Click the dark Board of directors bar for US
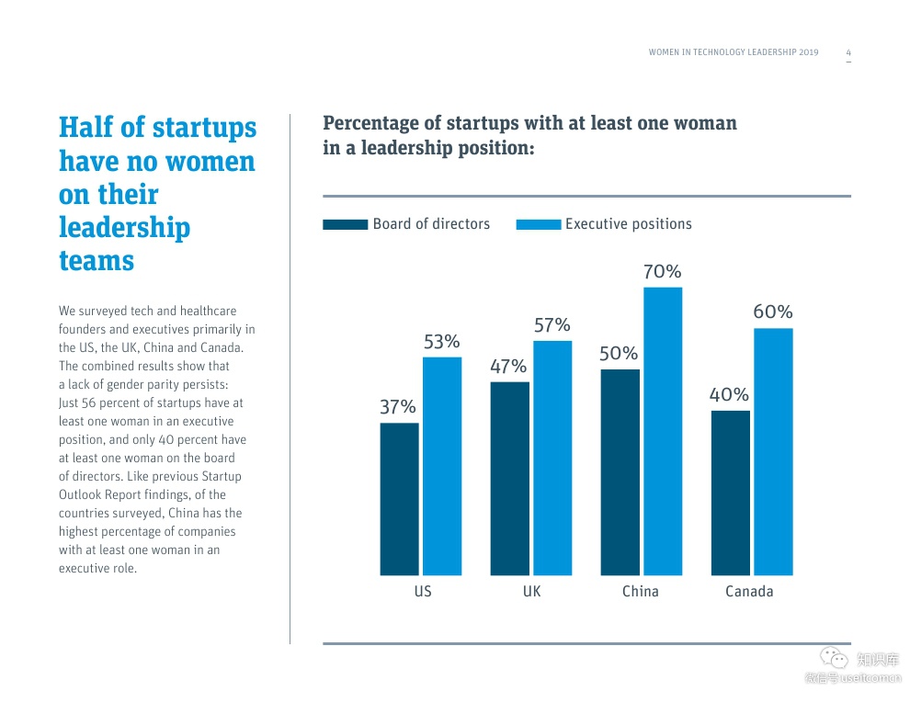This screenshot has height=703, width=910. [x=399, y=499]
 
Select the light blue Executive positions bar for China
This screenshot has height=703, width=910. [x=663, y=431]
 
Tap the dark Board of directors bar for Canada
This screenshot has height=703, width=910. [x=730, y=493]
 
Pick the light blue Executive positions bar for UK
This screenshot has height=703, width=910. [x=552, y=458]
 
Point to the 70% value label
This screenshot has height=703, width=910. [x=662, y=272]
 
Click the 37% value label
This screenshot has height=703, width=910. [x=398, y=407]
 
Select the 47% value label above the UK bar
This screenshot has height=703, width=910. [x=508, y=367]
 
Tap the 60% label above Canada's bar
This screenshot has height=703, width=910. [x=772, y=312]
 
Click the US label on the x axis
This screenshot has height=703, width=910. [x=422, y=591]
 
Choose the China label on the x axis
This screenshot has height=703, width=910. [x=640, y=591]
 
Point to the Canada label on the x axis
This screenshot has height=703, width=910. [x=749, y=591]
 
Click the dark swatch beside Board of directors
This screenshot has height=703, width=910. [x=346, y=224]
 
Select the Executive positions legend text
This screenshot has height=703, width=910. [x=628, y=224]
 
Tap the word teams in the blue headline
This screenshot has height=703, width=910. [x=97, y=260]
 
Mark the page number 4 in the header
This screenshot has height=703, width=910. [x=848, y=52]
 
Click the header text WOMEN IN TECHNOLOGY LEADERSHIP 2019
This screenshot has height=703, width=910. [x=733, y=52]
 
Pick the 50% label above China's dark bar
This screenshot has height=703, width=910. [x=619, y=354]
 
